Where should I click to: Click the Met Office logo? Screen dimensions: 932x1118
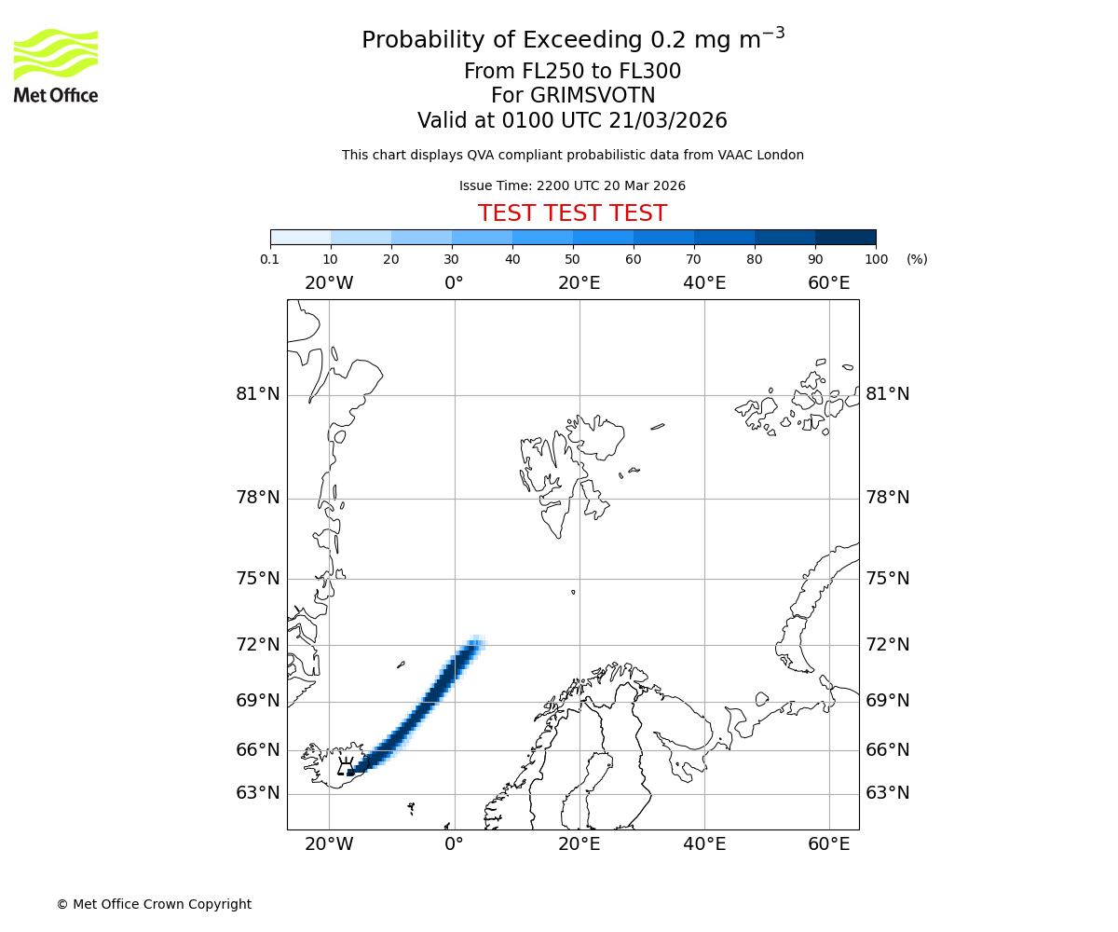(x=56, y=65)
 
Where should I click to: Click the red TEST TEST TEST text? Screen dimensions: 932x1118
(x=572, y=213)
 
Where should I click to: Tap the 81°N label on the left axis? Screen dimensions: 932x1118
(x=258, y=394)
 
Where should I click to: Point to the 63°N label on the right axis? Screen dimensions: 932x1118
(x=887, y=793)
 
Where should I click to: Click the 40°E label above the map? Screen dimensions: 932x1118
(x=704, y=283)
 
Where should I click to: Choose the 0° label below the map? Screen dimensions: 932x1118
(x=454, y=844)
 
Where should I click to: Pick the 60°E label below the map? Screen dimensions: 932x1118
(x=828, y=844)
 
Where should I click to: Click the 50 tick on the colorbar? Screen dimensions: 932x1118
(x=572, y=259)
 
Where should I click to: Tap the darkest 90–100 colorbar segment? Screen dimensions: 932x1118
(x=845, y=237)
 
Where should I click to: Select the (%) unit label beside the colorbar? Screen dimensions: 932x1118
(x=917, y=259)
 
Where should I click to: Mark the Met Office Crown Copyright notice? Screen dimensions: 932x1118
(x=154, y=904)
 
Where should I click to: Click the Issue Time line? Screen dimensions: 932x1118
(x=572, y=186)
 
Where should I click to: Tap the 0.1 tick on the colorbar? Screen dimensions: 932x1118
(x=270, y=259)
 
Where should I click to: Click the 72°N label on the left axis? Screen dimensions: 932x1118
(x=258, y=645)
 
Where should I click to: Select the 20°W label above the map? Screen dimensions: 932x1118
(x=329, y=283)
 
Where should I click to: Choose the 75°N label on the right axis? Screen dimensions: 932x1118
(x=887, y=579)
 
